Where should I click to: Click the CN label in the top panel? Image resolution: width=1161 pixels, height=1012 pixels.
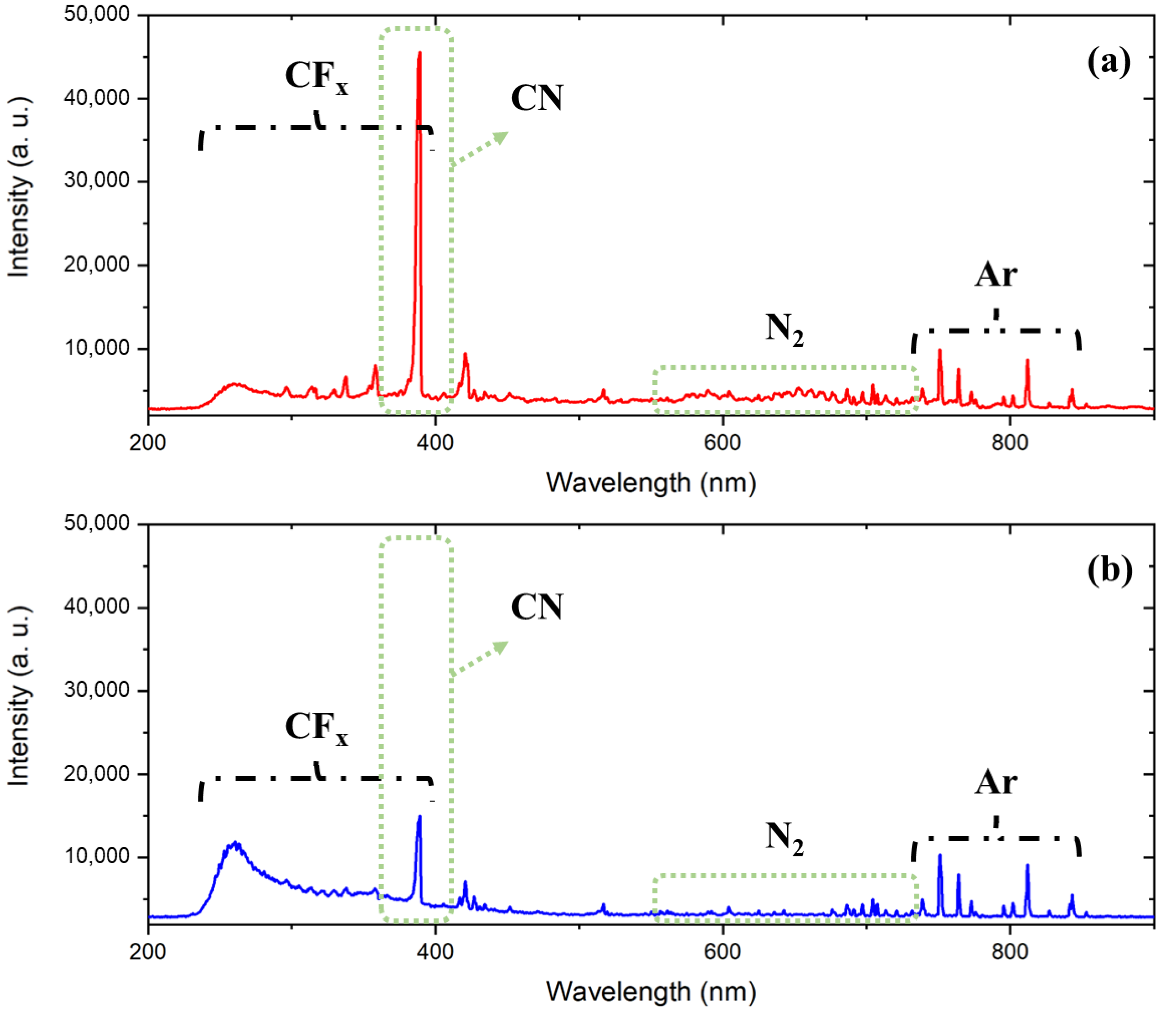pos(537,98)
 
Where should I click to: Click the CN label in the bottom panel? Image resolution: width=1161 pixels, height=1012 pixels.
pos(537,607)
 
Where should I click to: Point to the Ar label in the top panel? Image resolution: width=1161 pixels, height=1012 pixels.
pos(995,275)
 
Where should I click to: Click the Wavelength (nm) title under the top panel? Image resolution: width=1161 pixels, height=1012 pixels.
pos(651,483)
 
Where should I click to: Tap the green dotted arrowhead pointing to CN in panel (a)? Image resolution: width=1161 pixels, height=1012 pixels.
pos(500,137)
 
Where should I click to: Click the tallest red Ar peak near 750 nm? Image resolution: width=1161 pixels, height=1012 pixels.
pos(940,351)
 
